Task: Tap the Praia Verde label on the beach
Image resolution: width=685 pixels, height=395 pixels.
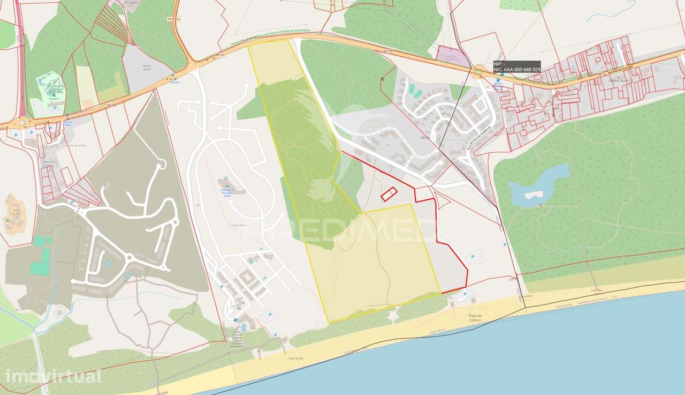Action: click(x=292, y=358)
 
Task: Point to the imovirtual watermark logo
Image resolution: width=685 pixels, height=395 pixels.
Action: click(x=52, y=376)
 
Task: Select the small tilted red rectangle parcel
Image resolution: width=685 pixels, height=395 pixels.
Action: click(x=390, y=194)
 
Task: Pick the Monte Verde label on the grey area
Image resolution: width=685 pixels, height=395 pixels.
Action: click(x=147, y=66)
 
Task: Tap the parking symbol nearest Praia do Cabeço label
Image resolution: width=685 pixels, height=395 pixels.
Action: click(x=465, y=294)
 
